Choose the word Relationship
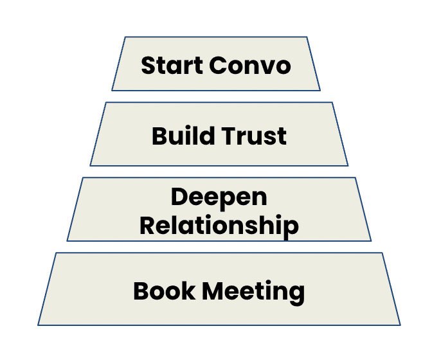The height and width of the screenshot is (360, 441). (x=219, y=225)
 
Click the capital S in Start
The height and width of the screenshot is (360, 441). (x=148, y=66)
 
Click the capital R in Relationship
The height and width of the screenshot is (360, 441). (x=147, y=225)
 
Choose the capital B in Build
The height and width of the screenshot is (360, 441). (x=159, y=136)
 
